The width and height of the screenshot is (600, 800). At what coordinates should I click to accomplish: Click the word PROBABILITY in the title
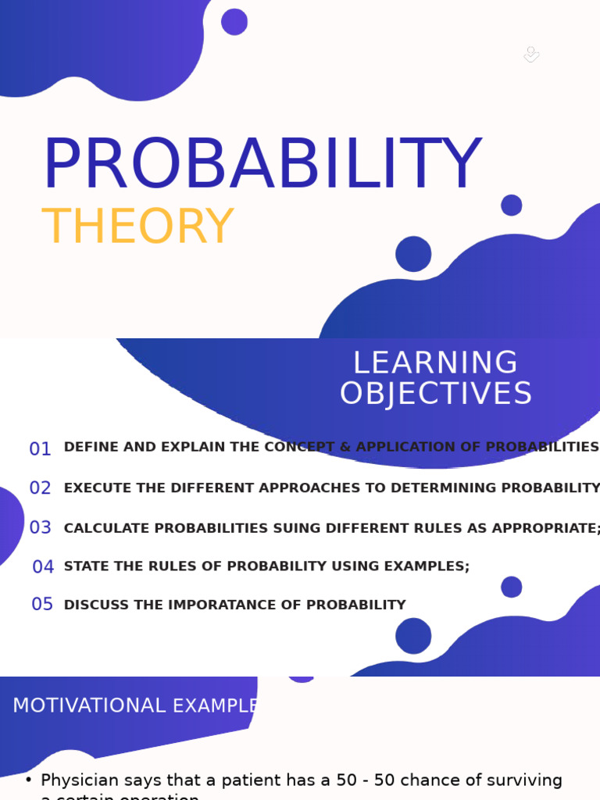(261, 165)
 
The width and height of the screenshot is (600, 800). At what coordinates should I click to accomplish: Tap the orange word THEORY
(137, 227)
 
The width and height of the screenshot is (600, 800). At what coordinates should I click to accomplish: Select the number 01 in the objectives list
(41, 449)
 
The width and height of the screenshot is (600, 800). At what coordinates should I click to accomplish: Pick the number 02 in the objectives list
(41, 488)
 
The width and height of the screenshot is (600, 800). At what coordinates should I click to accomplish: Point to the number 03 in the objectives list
(41, 527)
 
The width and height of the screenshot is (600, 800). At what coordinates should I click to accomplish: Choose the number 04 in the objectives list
(43, 567)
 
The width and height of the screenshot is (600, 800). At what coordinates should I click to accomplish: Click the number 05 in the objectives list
(42, 605)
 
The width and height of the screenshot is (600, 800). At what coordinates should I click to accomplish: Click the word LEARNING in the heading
(435, 363)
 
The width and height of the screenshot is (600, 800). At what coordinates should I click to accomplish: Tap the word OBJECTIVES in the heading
(435, 394)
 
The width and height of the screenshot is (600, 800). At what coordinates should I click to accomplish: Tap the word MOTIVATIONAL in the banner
(88, 705)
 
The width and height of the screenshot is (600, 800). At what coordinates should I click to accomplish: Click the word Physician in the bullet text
(79, 780)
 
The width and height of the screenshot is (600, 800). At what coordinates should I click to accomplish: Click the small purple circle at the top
(234, 22)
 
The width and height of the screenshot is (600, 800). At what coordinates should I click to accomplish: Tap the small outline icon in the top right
(531, 54)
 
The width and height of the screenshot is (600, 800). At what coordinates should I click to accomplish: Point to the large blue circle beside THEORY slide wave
(413, 254)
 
